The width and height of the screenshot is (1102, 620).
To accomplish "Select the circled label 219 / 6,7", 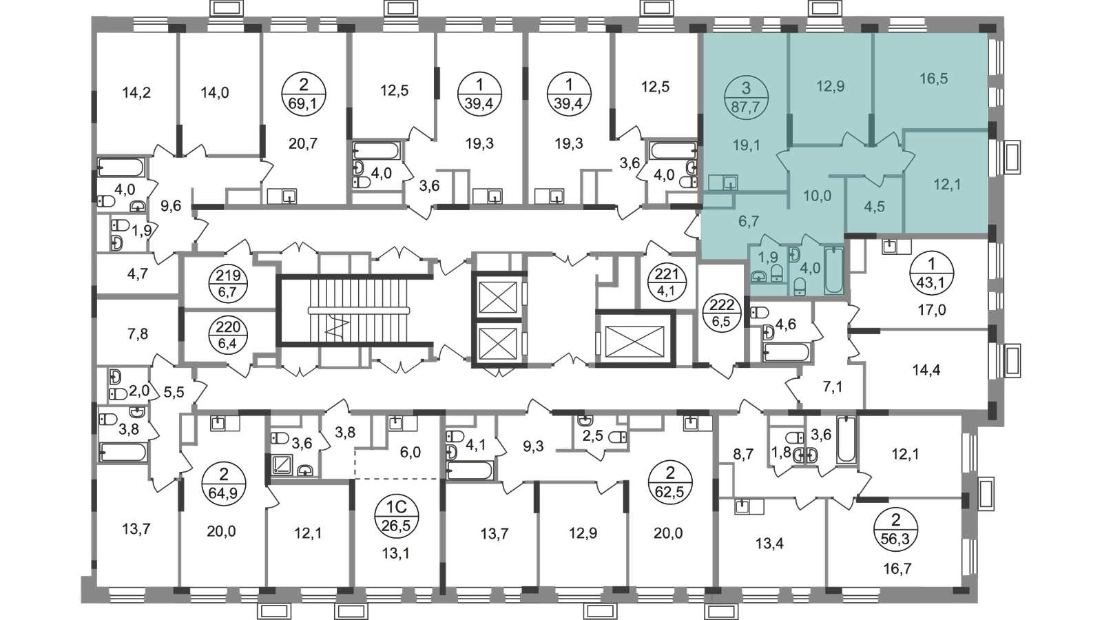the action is click(x=228, y=284).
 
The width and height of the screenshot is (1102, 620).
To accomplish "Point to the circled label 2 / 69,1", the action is click(x=304, y=94).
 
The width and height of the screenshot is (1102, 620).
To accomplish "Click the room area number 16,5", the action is click(x=933, y=79).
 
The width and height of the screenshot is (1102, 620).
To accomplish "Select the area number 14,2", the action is click(x=136, y=92).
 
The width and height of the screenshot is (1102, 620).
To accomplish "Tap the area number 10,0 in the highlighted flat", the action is click(x=817, y=196).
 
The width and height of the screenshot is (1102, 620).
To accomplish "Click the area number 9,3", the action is click(x=533, y=447).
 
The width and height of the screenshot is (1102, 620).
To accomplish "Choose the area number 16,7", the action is click(x=897, y=569).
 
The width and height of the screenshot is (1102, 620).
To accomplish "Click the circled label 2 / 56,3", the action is click(x=895, y=528).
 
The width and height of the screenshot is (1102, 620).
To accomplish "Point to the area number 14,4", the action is click(x=926, y=369).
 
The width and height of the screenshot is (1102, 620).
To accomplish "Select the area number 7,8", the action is click(x=138, y=334).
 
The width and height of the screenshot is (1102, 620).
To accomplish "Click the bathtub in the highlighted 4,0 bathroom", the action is click(x=834, y=270).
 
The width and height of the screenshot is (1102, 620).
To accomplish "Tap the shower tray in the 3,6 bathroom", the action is click(x=282, y=464).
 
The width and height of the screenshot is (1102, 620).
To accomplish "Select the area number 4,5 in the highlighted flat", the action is click(x=874, y=206).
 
